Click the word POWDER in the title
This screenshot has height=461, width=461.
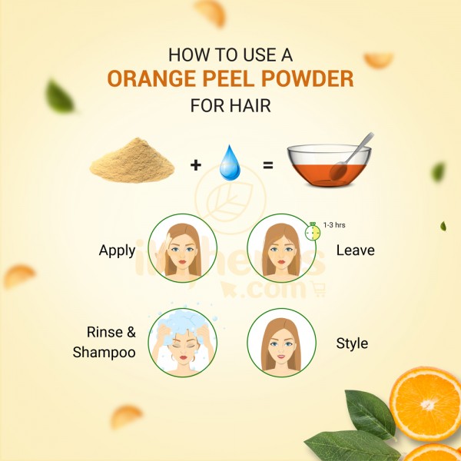307,79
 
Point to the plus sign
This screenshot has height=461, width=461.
196,165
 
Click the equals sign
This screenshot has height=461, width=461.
268,165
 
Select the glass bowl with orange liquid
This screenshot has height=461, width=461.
329,165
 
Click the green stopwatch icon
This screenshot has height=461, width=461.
313,232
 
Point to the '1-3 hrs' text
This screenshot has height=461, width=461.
334,225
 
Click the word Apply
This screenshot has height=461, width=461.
117,251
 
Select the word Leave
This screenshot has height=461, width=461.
356,250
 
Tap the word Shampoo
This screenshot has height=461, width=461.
104,353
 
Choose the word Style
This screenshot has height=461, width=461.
352,343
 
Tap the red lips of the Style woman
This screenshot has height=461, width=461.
281,357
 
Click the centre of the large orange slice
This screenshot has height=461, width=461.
426,405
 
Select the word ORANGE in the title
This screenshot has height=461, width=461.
151,79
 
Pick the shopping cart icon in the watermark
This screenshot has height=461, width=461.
318,289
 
